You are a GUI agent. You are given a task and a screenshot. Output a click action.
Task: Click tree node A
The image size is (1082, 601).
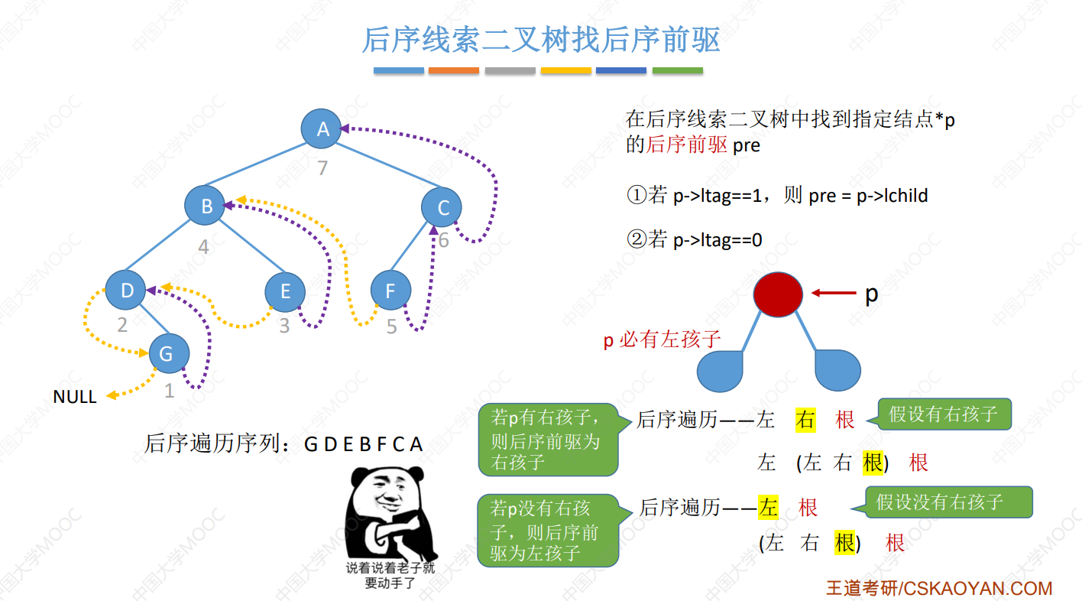pyautogui.click(x=321, y=128)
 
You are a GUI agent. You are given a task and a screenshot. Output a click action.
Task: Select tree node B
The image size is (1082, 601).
pyautogui.click(x=205, y=206)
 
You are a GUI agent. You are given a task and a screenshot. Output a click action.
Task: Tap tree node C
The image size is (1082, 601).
pyautogui.click(x=442, y=207)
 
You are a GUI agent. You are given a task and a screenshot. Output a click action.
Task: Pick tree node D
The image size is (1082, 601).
pyautogui.click(x=125, y=290)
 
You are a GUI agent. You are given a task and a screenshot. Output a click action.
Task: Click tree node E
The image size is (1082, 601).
pyautogui.click(x=285, y=291)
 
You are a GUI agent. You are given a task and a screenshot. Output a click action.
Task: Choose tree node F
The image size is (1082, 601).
pyautogui.click(x=390, y=290)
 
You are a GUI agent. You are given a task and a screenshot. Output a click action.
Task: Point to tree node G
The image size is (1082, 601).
pyautogui.click(x=169, y=353)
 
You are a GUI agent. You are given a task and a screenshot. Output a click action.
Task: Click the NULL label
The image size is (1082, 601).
pyautogui.click(x=75, y=397)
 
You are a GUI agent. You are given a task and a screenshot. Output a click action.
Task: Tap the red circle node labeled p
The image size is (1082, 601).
pyautogui.click(x=778, y=294)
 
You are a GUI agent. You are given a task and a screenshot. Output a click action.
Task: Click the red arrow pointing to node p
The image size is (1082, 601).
pyautogui.click(x=834, y=293)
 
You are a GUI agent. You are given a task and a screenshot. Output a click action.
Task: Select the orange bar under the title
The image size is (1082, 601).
pyautogui.click(x=454, y=70)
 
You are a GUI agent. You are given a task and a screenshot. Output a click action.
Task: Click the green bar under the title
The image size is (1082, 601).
pyautogui.click(x=678, y=70)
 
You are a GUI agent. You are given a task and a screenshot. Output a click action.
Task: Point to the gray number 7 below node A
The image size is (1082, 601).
pyautogui.click(x=322, y=167)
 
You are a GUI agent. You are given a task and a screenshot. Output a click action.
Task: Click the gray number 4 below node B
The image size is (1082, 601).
pyautogui.click(x=203, y=247)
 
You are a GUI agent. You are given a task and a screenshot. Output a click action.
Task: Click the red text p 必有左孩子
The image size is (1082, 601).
pyautogui.click(x=662, y=339)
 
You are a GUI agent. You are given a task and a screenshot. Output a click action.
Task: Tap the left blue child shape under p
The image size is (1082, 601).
pyautogui.click(x=720, y=371)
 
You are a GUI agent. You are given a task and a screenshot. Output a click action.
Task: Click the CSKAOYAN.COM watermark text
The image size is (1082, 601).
pyautogui.click(x=939, y=589)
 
